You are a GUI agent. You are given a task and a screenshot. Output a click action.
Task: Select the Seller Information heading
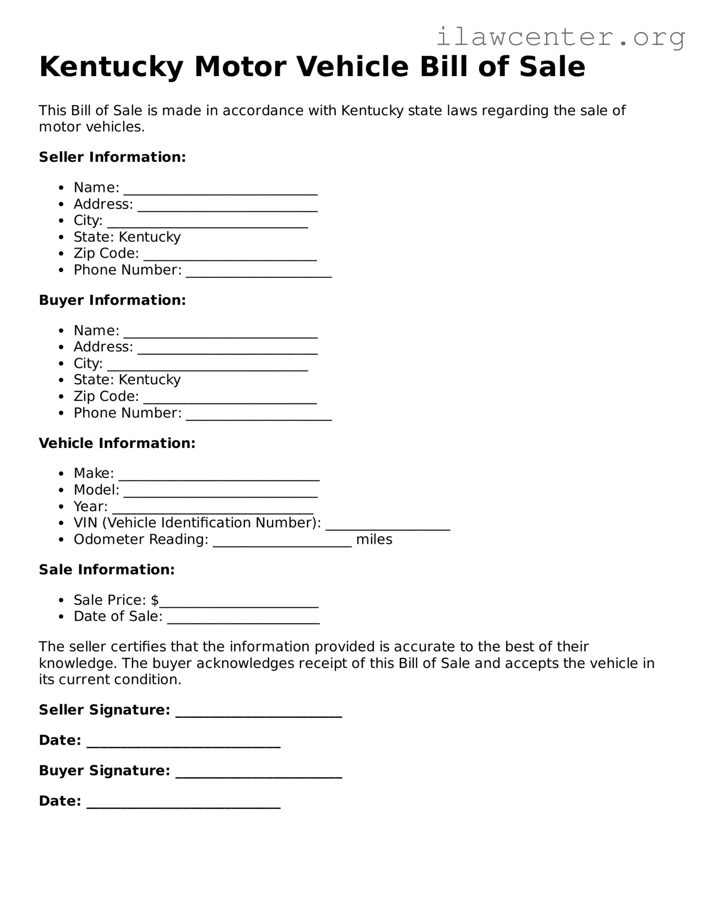112,157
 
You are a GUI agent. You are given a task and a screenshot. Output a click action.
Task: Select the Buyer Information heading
112,300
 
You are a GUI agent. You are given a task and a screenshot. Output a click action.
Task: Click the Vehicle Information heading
117,443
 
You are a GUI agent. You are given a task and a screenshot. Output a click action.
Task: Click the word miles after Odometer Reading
374,540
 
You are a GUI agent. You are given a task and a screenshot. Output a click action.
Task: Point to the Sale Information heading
107,570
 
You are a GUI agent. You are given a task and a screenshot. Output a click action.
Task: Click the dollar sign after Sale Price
155,600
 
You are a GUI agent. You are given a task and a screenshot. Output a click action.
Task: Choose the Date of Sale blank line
243,620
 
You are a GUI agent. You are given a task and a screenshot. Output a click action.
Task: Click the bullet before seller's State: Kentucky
61,238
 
